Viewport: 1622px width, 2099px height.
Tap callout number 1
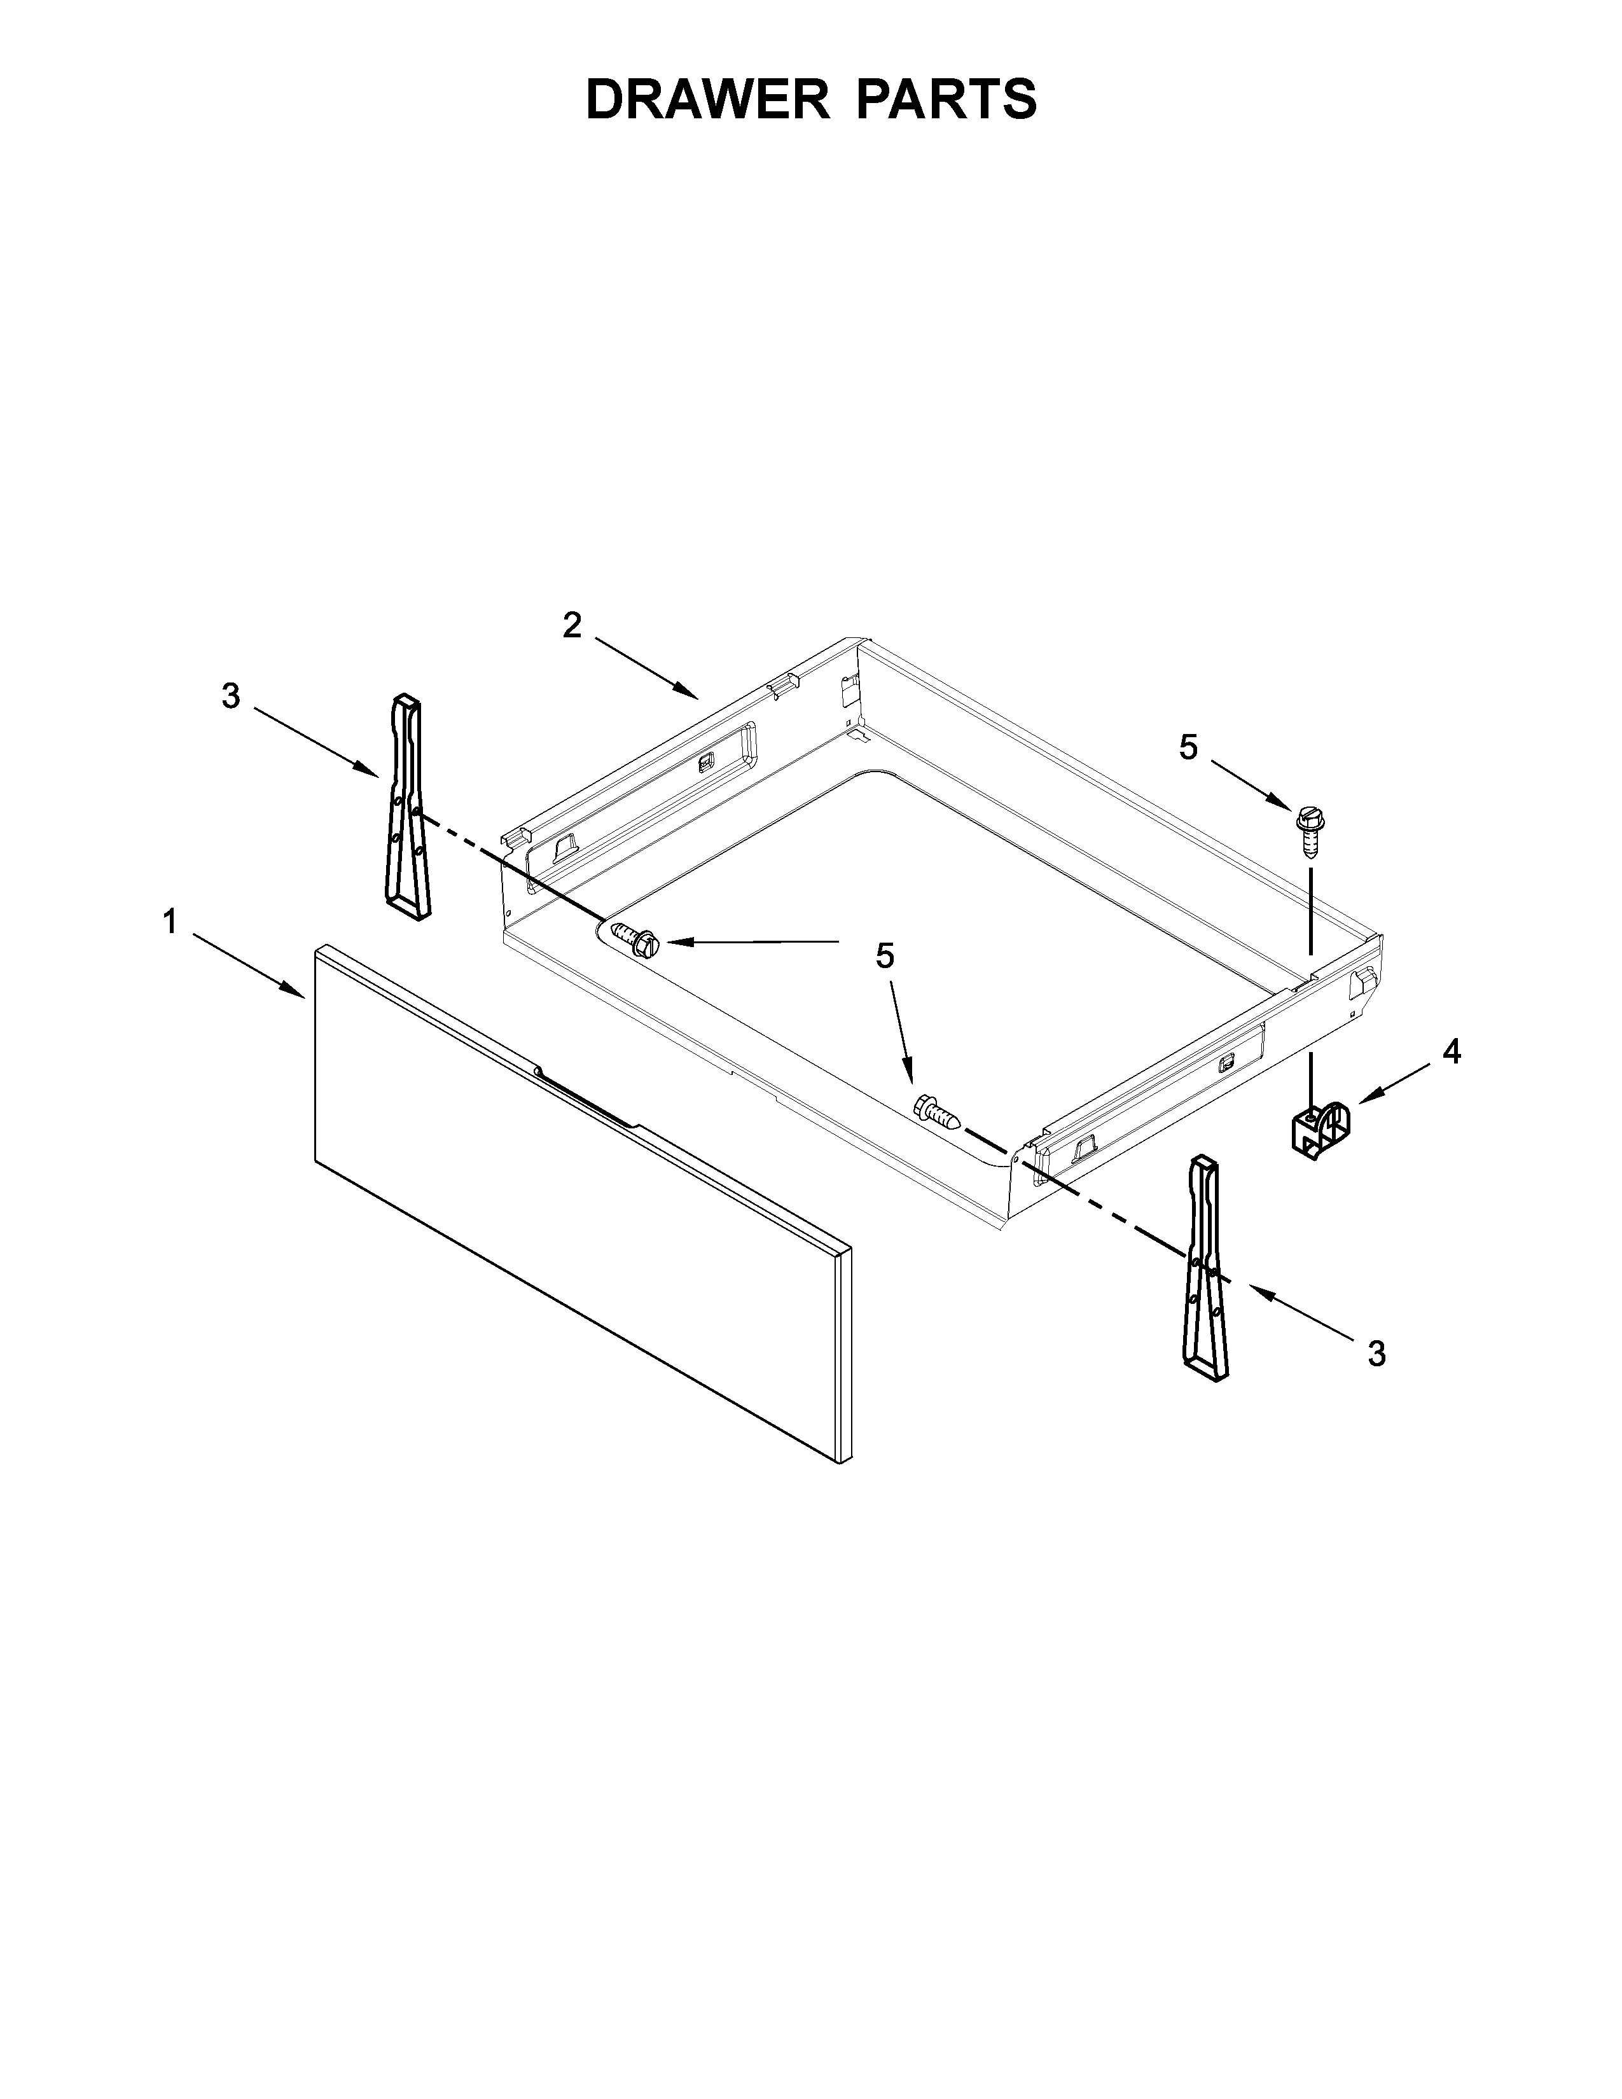(x=170, y=923)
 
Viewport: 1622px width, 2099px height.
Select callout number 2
(x=572, y=626)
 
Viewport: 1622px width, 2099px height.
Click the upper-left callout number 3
(x=231, y=696)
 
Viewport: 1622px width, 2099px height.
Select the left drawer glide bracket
(x=408, y=807)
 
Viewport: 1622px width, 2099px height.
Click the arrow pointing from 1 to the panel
(x=250, y=966)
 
